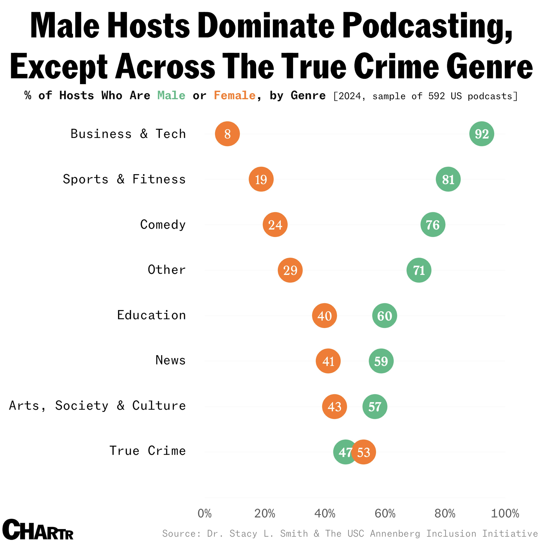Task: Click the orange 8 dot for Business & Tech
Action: click(227, 134)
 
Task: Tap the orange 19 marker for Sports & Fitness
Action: click(261, 179)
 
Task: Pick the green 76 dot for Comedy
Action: click(433, 225)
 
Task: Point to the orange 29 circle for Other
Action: click(290, 270)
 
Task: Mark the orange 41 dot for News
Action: click(328, 361)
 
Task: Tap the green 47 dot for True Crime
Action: click(342, 452)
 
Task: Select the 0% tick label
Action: click(205, 513)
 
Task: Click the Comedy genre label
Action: click(163, 225)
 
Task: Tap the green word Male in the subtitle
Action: click(171, 96)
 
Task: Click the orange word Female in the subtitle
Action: click(235, 96)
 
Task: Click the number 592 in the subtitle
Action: click(437, 96)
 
